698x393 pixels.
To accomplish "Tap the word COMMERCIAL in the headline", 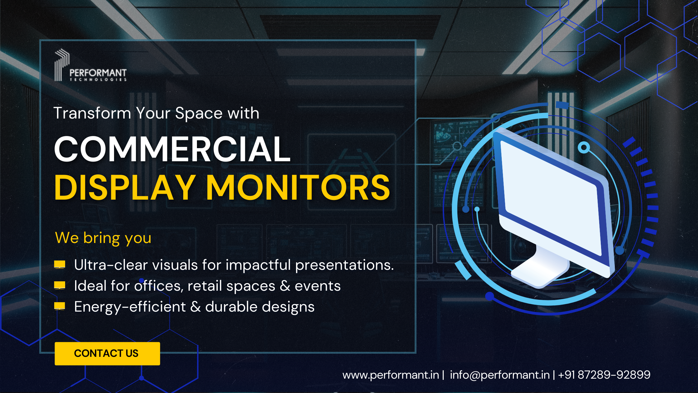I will (x=172, y=149).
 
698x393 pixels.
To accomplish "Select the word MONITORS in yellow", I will (x=298, y=187).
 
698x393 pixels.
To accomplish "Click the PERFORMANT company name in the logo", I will (x=98, y=73).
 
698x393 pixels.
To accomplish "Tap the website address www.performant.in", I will (x=391, y=375).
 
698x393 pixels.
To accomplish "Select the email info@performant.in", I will (x=500, y=375).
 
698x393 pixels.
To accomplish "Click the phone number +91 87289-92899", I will (x=604, y=375).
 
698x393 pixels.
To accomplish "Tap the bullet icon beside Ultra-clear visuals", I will (x=60, y=265).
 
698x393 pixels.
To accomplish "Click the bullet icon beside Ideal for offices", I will (x=60, y=285).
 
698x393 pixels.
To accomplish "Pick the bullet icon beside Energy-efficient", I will (x=60, y=306).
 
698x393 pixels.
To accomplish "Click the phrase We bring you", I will (x=103, y=238).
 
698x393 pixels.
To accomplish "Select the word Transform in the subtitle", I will (x=92, y=113).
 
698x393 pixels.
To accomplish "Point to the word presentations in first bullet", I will (x=344, y=265).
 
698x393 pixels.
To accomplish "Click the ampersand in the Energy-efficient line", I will (x=195, y=307).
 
